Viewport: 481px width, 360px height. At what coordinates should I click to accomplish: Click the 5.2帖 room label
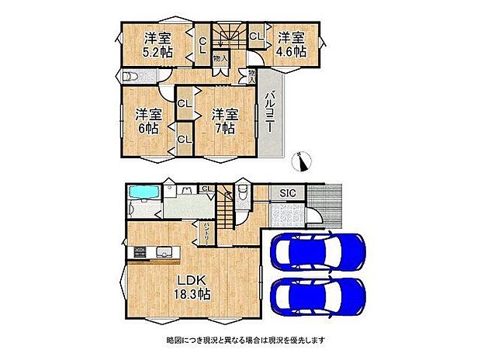click(156, 46)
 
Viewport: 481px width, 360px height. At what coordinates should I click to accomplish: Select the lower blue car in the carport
click(316, 297)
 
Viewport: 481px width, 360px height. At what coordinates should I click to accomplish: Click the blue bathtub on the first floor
click(141, 194)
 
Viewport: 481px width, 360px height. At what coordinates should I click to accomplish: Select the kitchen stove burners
click(140, 252)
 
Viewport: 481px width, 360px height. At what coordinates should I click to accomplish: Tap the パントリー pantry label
click(205, 231)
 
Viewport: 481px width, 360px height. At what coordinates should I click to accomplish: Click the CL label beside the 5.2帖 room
click(202, 45)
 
